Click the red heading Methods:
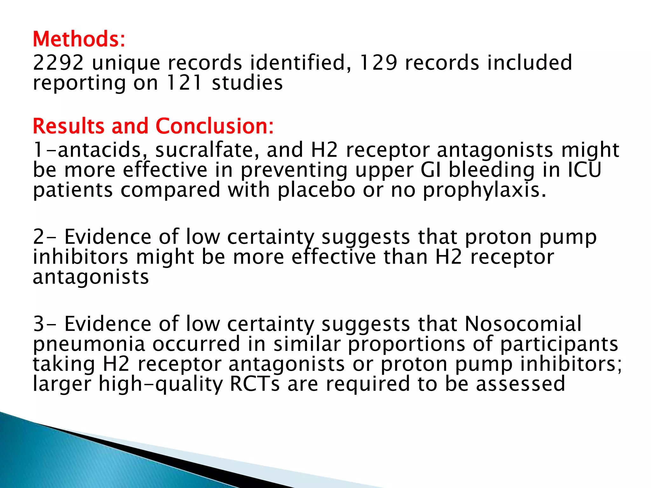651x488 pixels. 79,39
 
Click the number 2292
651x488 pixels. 58,63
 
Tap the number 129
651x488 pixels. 378,63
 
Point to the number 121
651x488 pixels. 184,83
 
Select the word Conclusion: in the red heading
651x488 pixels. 215,126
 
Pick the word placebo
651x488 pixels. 316,190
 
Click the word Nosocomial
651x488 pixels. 523,324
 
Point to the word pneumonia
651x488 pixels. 89,344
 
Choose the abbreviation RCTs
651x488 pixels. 255,384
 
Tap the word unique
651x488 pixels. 126,63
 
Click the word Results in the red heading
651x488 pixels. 69,126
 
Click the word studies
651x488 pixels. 247,83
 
